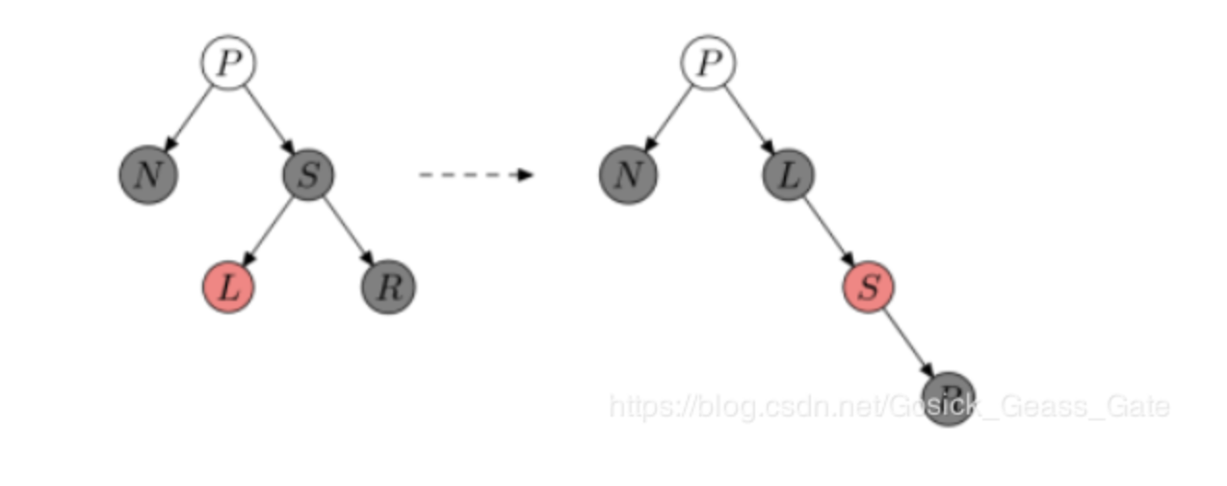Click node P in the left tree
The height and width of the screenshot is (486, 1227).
228,64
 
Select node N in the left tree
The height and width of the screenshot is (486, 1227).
147,175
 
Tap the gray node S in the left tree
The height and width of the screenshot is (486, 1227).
308,175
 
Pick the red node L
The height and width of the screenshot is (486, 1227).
228,286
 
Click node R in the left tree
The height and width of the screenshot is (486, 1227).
388,286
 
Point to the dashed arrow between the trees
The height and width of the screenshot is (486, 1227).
475,175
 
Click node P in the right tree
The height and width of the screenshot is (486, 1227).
708,64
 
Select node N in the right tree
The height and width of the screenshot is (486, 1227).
627,175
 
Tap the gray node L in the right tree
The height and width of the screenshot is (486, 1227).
788,175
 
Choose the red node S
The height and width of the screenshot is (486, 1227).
869,286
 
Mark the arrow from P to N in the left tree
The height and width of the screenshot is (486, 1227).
189,119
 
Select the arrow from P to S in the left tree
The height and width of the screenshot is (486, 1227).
268,119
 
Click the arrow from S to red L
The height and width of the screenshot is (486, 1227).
269,230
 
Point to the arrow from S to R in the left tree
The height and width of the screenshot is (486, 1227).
348,230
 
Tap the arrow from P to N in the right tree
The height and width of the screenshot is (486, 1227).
668,119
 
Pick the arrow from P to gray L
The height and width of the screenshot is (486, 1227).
748,119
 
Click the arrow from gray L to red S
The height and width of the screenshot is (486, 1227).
828,230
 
